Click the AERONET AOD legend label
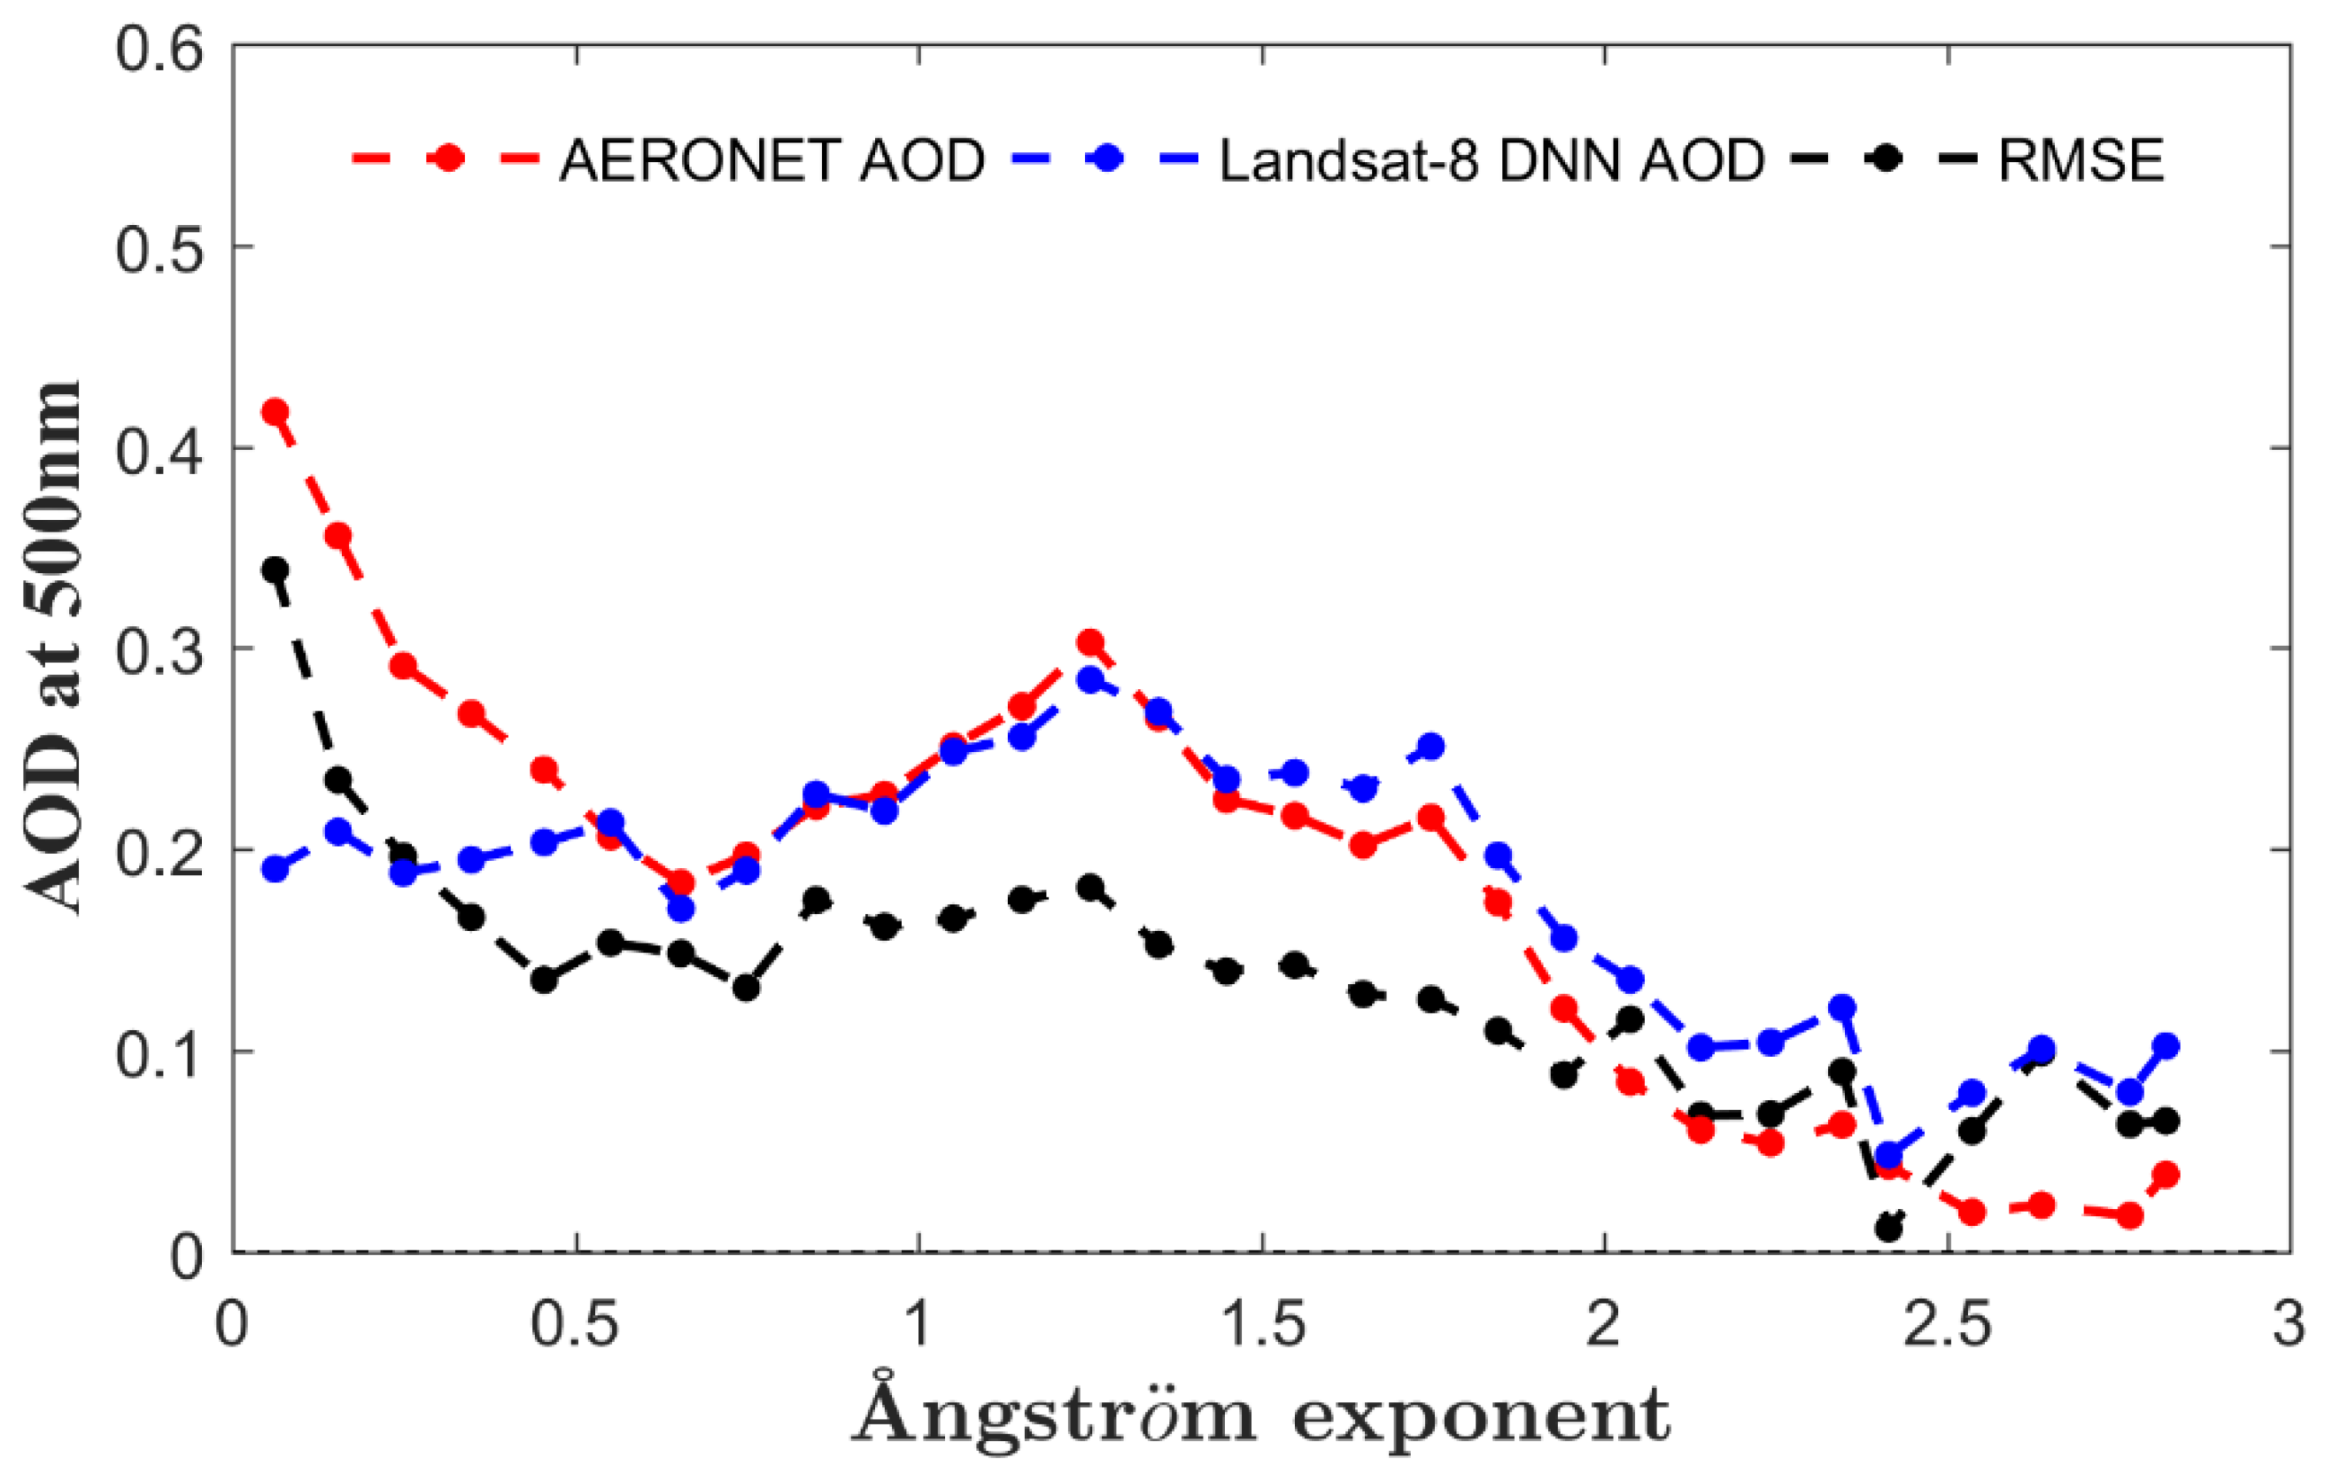pos(771,159)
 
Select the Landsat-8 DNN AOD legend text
pos(1492,159)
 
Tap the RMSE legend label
pos(2081,159)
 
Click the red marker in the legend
pos(447,158)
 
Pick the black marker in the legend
pos(1883,158)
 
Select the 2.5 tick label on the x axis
pos(1947,1324)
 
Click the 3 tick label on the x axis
pos(2289,1324)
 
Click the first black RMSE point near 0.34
pos(275,570)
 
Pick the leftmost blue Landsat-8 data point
pos(275,869)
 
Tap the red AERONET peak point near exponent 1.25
pos(1090,642)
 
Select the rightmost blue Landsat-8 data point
pos(2166,1045)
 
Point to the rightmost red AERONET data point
pos(2166,1175)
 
